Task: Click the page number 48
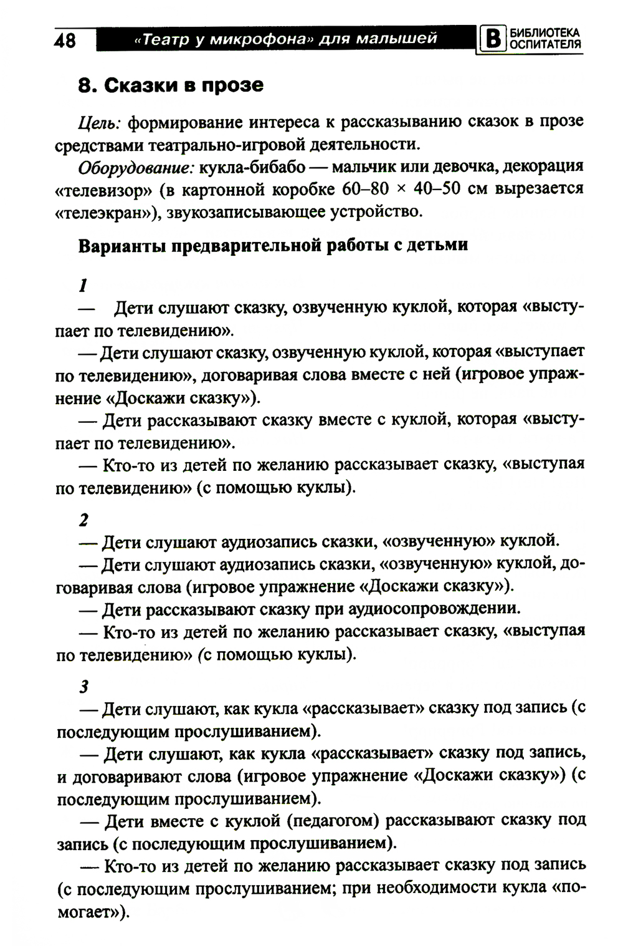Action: [x=65, y=41]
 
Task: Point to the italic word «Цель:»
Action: [x=99, y=122]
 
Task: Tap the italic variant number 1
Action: [x=82, y=286]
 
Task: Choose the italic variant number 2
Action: [x=83, y=520]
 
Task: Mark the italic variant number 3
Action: [x=83, y=687]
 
